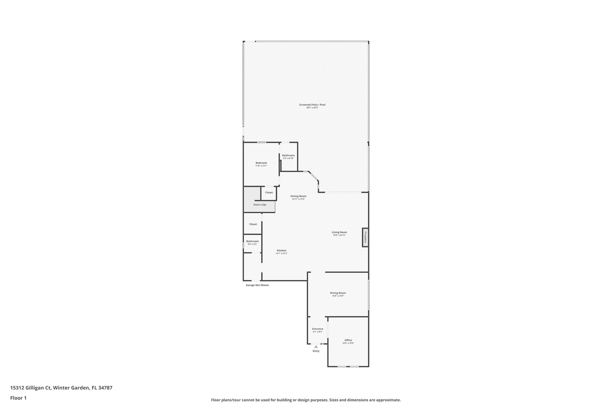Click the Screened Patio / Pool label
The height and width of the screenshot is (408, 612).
click(x=312, y=105)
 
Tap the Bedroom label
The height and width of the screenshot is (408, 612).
click(x=261, y=163)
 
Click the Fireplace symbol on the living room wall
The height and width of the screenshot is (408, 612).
click(x=365, y=237)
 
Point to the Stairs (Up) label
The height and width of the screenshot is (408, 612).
click(x=259, y=205)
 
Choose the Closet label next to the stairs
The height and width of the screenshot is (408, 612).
click(x=269, y=192)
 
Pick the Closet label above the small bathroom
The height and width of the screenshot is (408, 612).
click(x=253, y=224)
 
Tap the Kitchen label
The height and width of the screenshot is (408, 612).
click(x=281, y=250)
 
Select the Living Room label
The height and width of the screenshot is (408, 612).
click(x=339, y=232)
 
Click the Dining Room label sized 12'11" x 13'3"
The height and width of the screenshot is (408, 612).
click(x=298, y=196)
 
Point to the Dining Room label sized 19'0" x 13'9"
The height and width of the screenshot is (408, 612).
click(x=338, y=293)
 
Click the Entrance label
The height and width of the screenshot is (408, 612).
click(x=317, y=329)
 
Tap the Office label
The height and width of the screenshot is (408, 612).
click(x=348, y=340)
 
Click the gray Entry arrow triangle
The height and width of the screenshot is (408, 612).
click(x=316, y=347)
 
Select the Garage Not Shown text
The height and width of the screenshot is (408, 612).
click(x=257, y=285)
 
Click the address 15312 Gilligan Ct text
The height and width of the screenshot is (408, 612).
click(x=61, y=388)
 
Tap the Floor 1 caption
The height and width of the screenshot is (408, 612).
click(x=18, y=398)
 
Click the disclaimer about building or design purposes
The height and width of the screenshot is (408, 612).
click(x=306, y=400)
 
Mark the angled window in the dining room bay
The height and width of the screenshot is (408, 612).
click(x=314, y=177)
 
